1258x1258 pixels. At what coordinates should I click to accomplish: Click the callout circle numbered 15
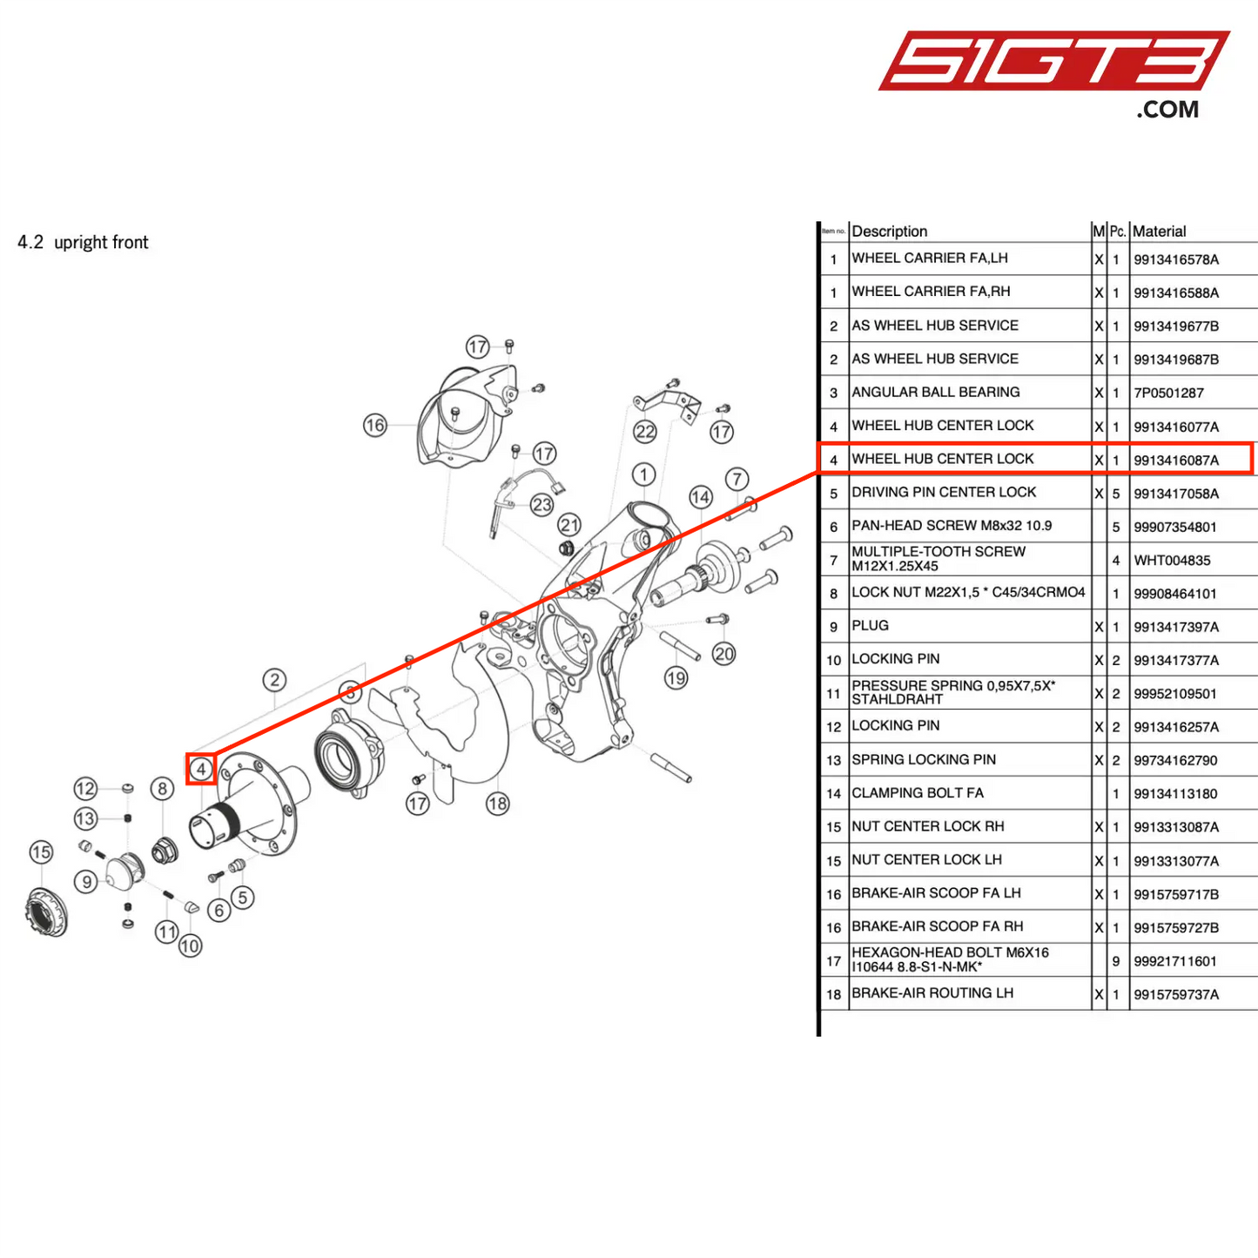[x=41, y=852]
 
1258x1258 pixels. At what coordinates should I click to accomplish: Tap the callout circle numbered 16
[x=375, y=425]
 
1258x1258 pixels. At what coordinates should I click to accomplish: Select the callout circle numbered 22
[x=645, y=431]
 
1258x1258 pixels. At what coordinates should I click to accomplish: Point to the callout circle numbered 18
[x=498, y=804]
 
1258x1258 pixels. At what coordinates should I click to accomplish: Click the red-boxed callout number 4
[x=201, y=770]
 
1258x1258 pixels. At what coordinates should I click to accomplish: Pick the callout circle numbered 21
[x=569, y=525]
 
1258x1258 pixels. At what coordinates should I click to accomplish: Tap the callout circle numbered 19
[x=676, y=677]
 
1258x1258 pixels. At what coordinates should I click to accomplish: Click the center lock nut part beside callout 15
[x=45, y=912]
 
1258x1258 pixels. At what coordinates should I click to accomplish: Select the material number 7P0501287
[x=1168, y=393]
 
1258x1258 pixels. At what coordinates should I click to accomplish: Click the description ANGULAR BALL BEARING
[x=935, y=392]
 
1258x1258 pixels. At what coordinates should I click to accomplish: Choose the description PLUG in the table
[x=870, y=625]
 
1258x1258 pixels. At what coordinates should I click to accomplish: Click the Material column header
[x=1159, y=232]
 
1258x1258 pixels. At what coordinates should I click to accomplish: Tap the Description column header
[x=889, y=232]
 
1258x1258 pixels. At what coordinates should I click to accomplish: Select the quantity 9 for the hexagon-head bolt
[x=1115, y=961]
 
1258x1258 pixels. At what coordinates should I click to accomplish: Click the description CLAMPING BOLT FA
[x=917, y=793]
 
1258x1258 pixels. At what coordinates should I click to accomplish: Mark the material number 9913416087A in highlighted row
[x=1175, y=460]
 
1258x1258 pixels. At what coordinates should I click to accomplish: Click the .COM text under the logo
[x=1167, y=110]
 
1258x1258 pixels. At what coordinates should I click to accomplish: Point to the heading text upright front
[x=101, y=242]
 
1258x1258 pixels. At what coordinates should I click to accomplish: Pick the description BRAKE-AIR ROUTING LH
[x=932, y=993]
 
